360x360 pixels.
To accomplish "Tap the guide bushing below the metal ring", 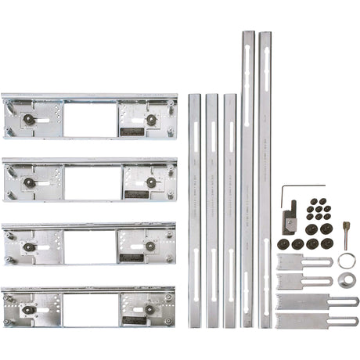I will click(x=346, y=279).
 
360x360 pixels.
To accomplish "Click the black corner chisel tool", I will click(x=290, y=217).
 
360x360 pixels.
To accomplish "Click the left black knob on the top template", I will click(x=29, y=120).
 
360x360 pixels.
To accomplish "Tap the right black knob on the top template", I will click(x=151, y=120).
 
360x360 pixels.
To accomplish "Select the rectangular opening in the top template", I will click(x=90, y=120).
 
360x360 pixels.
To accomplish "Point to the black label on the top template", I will click(x=134, y=131).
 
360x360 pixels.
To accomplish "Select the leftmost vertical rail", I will click(x=194, y=211).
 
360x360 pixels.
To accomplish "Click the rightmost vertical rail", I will click(x=265, y=180).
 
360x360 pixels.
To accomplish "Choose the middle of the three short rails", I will click(x=211, y=211).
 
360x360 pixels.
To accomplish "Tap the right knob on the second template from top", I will click(x=151, y=182).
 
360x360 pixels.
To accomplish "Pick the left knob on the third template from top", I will click(x=29, y=247).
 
